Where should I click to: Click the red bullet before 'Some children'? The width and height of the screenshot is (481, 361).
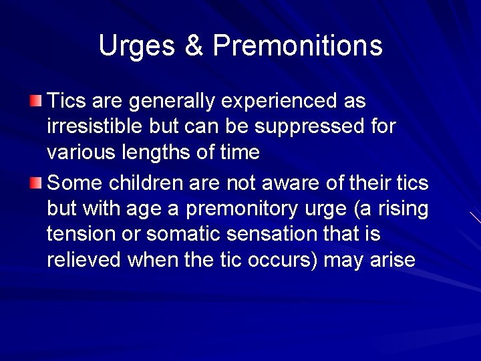35,183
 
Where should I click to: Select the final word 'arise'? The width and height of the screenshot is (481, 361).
391,260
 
